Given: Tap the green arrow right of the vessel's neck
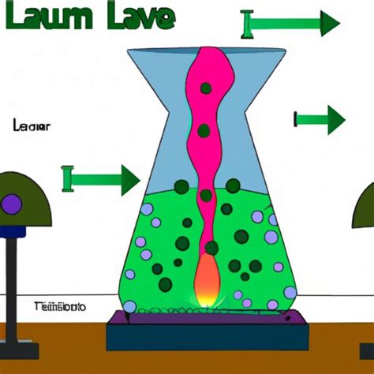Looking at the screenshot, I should coord(320,120).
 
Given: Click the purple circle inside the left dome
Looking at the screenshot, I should coord(12,205).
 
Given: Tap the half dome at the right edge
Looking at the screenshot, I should coord(367,207).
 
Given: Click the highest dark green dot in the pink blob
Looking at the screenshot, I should coord(206,89).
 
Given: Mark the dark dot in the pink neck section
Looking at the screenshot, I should coord(204,131).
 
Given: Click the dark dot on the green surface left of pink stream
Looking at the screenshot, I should coord(181,186).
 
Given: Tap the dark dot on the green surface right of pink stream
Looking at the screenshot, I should coord(233,185).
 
